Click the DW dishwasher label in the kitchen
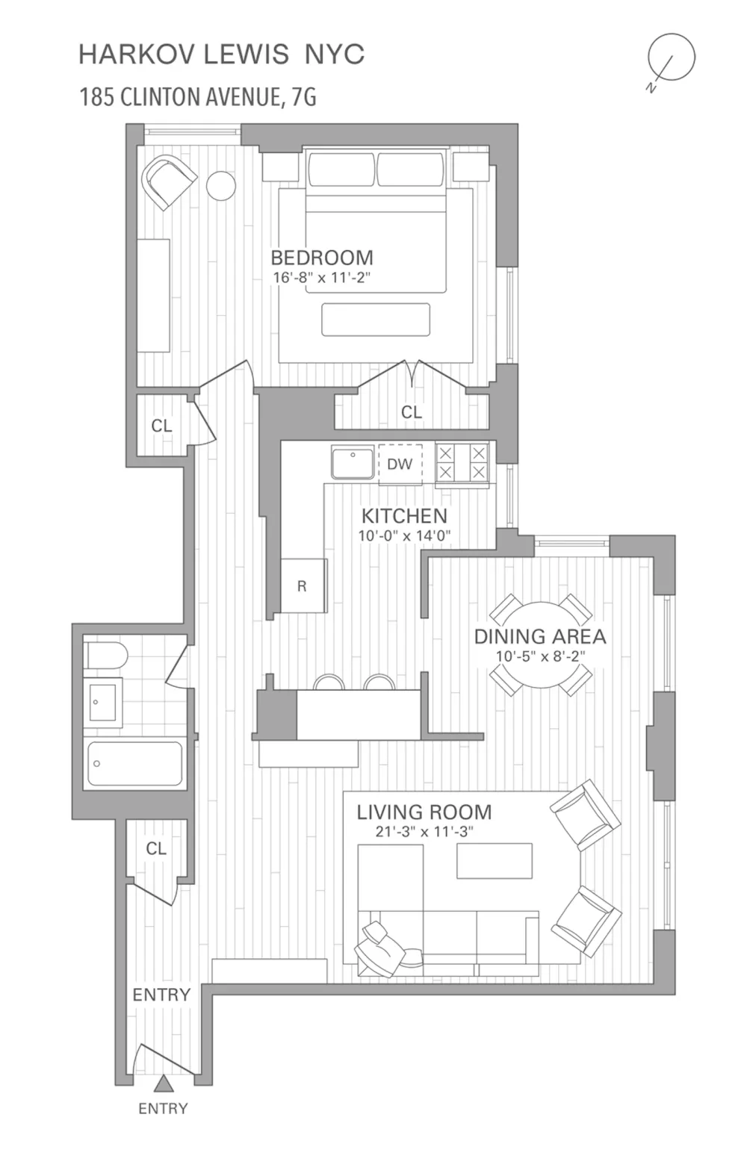click(x=400, y=464)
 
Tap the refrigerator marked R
click(x=303, y=585)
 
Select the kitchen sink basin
click(x=353, y=463)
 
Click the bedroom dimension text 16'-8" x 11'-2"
click(x=321, y=278)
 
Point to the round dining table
click(x=540, y=645)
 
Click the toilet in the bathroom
click(x=106, y=656)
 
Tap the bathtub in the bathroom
click(x=134, y=763)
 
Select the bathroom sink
click(x=103, y=702)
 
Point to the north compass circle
click(x=672, y=57)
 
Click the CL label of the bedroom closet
click(x=412, y=411)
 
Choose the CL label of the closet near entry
click(x=156, y=848)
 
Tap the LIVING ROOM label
click(x=424, y=812)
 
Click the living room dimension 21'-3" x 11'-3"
click(x=424, y=832)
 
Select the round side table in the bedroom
click(x=221, y=185)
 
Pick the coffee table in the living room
click(x=495, y=861)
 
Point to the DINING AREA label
click(x=540, y=636)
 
